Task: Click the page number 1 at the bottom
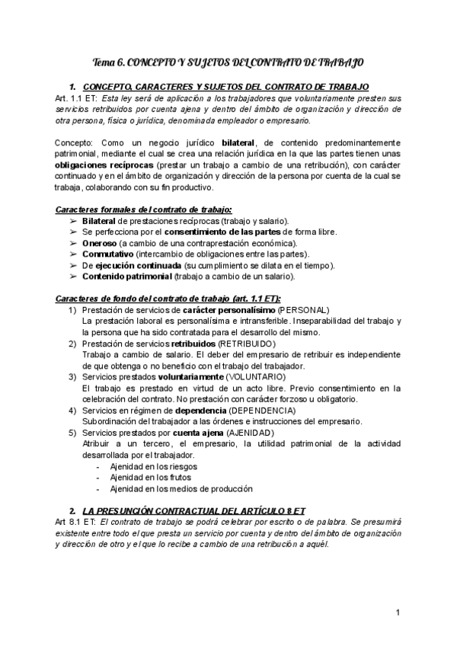tap(398, 612)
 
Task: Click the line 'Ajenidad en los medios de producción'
tap(181, 488)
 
